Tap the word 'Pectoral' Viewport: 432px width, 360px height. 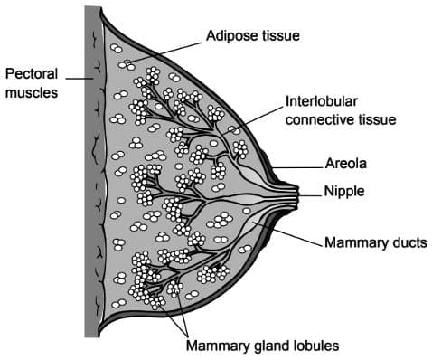click(x=29, y=72)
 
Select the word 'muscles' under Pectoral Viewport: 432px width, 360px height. click(x=29, y=91)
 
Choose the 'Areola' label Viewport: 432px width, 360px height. click(x=344, y=166)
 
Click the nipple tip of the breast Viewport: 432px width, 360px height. click(x=297, y=191)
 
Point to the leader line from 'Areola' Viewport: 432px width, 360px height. click(x=298, y=166)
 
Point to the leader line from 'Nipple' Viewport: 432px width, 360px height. click(x=311, y=191)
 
